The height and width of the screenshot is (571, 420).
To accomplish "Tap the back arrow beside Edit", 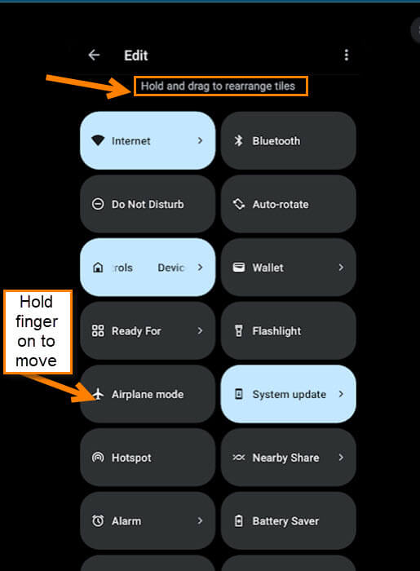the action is point(94,55).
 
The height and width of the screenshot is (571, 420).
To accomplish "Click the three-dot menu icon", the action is point(346,55).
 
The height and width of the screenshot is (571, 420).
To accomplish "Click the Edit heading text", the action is point(135,55).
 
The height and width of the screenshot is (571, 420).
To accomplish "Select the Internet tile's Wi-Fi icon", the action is point(98,140).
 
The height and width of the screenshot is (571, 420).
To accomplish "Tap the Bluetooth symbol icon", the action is point(238,140).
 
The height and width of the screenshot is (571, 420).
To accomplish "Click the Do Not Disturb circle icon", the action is point(98,204).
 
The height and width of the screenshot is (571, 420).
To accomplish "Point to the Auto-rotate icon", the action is point(239,204).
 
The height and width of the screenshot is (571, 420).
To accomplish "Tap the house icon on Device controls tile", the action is point(98,268).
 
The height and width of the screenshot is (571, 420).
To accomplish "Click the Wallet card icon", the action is point(239,268).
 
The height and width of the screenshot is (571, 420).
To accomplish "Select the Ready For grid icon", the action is point(98,331).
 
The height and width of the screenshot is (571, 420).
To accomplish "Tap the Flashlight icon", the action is point(239,331).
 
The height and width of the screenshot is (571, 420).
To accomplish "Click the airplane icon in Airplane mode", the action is point(98,394).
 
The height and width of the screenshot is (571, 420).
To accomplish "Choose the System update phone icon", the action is point(239,394).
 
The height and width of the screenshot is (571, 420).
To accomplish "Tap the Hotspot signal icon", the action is point(98,458).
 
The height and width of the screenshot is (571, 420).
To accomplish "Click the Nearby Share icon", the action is point(239,458).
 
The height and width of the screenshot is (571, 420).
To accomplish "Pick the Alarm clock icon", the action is point(98,520).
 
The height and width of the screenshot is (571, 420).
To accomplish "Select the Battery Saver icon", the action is point(239,520).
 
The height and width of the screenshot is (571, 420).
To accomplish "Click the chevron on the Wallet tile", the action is point(341,268).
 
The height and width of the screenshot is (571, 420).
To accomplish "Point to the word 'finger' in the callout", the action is point(37,322).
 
